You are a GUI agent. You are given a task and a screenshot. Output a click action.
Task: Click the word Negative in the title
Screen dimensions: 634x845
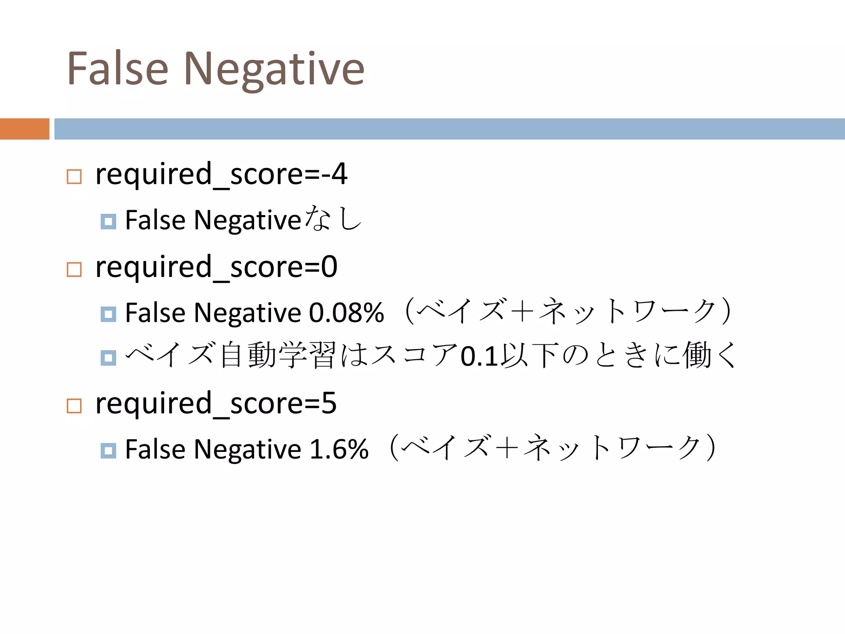[274, 69]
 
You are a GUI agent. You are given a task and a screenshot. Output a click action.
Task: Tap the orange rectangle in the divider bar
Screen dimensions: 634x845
[24, 129]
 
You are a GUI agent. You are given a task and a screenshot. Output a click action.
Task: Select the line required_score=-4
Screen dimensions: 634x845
[221, 174]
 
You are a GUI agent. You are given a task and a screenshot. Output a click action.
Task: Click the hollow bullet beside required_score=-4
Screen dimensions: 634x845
[74, 177]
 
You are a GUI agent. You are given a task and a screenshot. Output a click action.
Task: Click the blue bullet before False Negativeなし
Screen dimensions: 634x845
[108, 222]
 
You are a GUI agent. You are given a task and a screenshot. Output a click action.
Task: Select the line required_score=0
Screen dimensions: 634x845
[216, 267]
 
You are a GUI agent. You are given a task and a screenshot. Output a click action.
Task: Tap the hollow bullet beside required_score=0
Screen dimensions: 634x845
[74, 270]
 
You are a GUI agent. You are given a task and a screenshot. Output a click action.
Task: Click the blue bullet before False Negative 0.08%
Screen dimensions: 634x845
[108, 315]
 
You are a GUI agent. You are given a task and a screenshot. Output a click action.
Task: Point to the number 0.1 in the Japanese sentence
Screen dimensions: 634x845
[479, 356]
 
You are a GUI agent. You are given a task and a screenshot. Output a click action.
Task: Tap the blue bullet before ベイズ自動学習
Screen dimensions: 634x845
[108, 358]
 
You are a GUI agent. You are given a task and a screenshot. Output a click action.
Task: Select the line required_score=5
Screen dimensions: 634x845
[216, 403]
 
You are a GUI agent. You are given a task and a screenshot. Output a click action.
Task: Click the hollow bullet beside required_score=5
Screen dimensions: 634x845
[74, 406]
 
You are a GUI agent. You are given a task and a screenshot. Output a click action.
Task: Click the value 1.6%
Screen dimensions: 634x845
[339, 449]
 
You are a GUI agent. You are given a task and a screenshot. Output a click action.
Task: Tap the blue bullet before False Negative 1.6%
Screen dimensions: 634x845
[108, 451]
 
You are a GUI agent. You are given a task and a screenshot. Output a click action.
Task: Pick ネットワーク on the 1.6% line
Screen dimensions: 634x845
[612, 448]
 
